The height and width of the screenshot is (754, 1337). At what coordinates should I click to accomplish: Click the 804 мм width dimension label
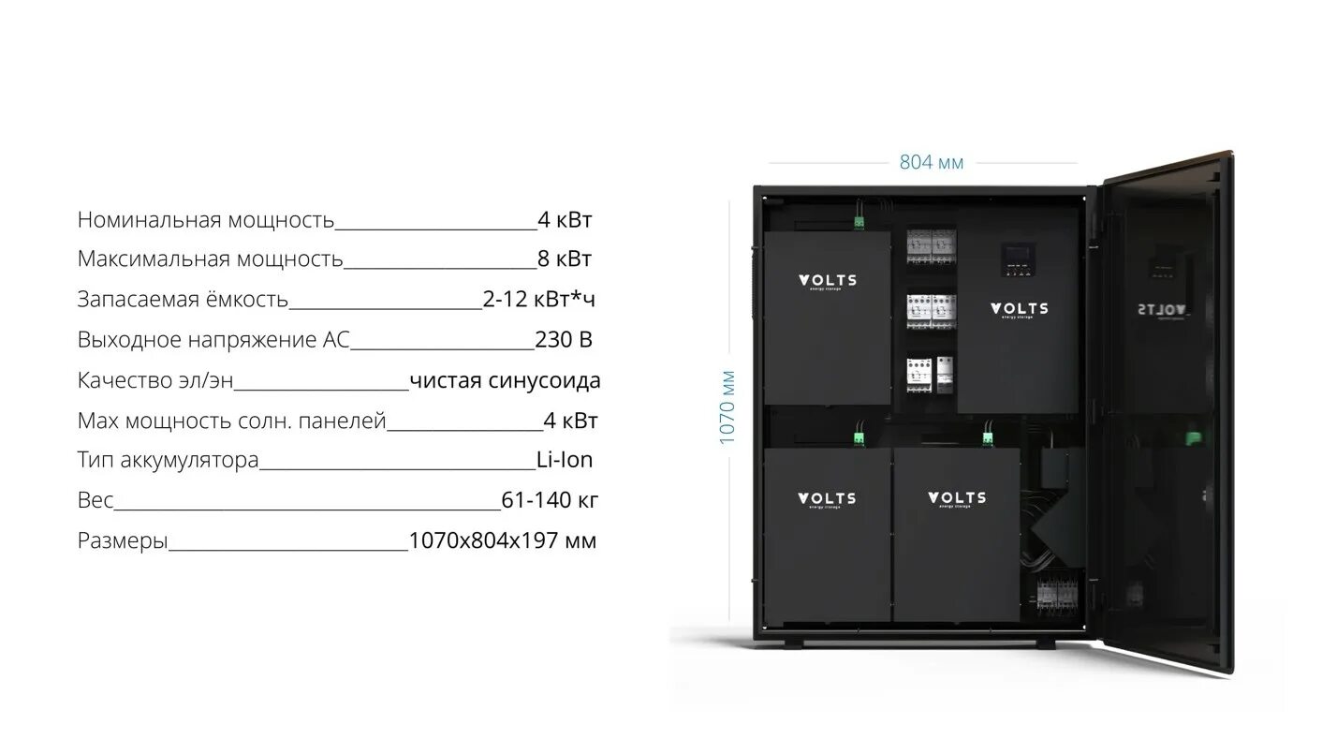(x=931, y=163)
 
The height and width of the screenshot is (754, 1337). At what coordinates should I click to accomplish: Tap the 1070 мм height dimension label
(x=728, y=408)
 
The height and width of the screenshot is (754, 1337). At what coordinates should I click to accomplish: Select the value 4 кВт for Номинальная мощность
(x=565, y=220)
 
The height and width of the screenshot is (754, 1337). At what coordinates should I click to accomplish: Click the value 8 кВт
(x=565, y=259)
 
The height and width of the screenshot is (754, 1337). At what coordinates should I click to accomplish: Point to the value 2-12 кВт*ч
(x=539, y=300)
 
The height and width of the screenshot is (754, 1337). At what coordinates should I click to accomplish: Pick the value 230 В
(x=564, y=340)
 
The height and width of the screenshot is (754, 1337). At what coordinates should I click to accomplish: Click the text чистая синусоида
(x=505, y=381)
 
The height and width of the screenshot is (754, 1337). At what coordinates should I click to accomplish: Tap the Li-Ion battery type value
(x=565, y=460)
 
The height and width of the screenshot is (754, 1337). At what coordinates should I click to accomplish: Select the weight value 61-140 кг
(x=550, y=500)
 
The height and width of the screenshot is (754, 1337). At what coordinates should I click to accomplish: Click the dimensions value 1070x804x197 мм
(x=503, y=540)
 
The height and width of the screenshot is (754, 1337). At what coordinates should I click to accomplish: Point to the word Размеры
(x=123, y=540)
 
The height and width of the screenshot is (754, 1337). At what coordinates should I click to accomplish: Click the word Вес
(x=95, y=500)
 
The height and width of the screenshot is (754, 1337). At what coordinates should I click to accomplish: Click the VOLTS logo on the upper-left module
(x=827, y=280)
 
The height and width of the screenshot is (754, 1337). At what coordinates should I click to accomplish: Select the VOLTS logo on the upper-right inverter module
(x=1020, y=309)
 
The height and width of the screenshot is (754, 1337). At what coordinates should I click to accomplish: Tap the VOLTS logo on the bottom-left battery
(x=827, y=499)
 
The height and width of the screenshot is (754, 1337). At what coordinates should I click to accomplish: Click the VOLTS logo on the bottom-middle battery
(x=956, y=498)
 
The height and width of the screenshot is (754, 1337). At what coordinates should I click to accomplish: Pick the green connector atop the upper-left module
(x=858, y=223)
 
